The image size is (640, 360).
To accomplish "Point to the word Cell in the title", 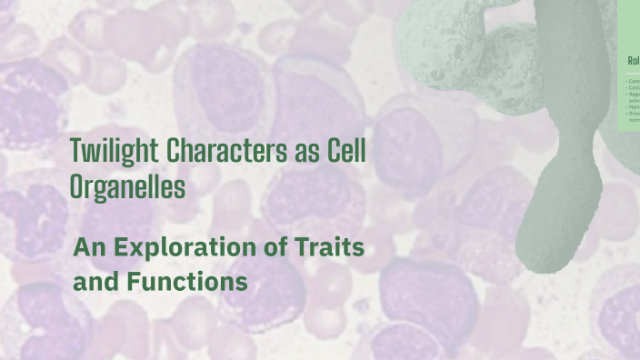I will pyautogui.click(x=346, y=151).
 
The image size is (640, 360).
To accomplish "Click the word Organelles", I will pyautogui.click(x=127, y=187).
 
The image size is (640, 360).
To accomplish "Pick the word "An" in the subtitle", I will pyautogui.click(x=89, y=247).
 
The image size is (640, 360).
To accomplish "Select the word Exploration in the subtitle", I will pyautogui.click(x=187, y=247).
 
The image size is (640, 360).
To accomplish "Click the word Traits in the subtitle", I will pyautogui.click(x=335, y=247).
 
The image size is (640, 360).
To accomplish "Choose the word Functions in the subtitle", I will pyautogui.click(x=187, y=282).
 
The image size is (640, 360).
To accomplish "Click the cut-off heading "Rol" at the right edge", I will pyautogui.click(x=634, y=61).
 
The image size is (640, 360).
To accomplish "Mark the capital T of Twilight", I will pyautogui.click(x=76, y=151).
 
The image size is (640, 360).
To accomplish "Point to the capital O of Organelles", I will pyautogui.click(x=77, y=187).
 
